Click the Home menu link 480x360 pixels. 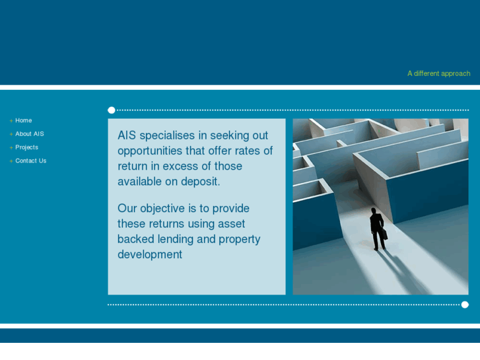point(24,121)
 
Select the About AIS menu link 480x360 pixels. point(30,134)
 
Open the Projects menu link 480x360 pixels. point(27,147)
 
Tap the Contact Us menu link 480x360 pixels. point(31,161)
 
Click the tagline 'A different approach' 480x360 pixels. point(438,73)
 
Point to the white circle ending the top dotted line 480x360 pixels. point(112,110)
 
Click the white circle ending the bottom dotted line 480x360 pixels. point(465,305)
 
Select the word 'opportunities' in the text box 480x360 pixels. point(151,151)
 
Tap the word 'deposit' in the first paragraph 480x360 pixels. point(199,182)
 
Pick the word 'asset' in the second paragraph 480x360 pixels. point(231,224)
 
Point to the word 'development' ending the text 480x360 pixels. point(150,255)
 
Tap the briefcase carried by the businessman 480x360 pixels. point(383,234)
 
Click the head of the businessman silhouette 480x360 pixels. point(374,211)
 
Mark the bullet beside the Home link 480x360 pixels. point(11,121)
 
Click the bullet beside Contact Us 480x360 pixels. point(11,161)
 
